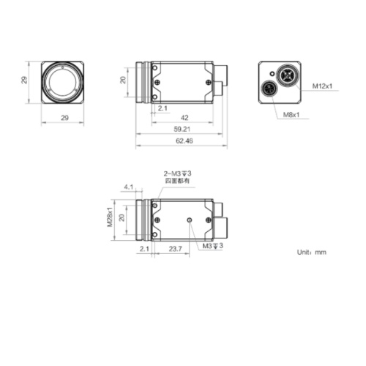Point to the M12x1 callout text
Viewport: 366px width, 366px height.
322,86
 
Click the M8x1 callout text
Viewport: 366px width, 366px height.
292,115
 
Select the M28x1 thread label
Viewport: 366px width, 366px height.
111,217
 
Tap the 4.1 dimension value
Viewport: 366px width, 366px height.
129,187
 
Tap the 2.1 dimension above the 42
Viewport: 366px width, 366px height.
163,108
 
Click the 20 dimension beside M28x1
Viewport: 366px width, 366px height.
123,217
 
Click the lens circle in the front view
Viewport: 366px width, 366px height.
62,81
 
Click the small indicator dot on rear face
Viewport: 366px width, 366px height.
272,74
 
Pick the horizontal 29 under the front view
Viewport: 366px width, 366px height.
62,117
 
